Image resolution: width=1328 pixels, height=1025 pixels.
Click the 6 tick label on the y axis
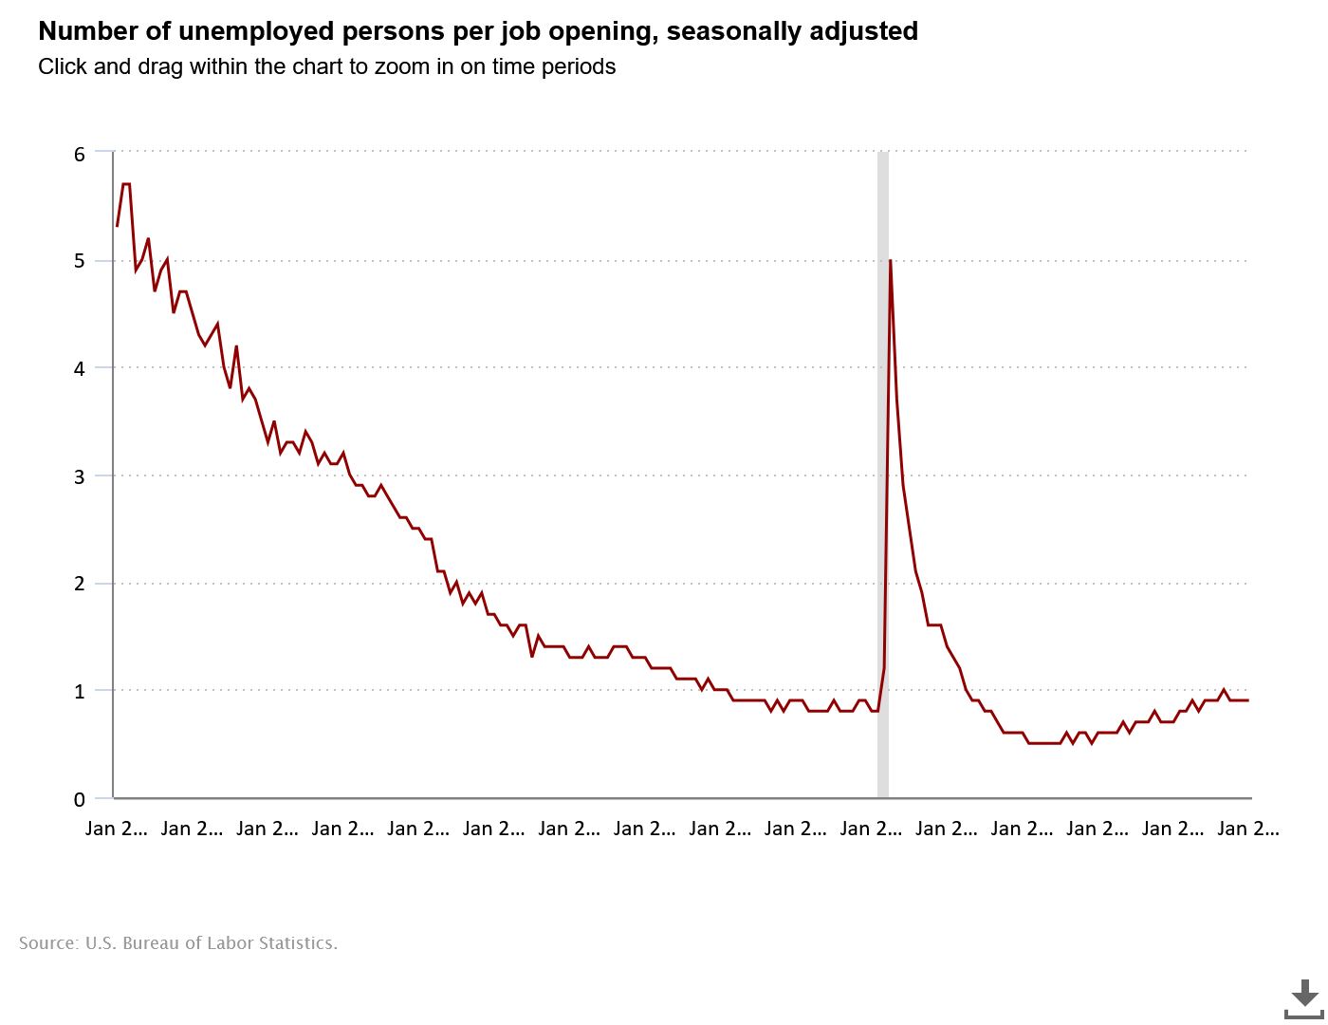(80, 154)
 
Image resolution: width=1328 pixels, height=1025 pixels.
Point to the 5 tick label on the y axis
(80, 261)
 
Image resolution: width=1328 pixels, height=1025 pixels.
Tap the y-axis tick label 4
(80, 368)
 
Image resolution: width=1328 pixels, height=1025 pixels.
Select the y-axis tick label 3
(80, 476)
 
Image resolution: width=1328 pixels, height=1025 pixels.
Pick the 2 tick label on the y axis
(80, 584)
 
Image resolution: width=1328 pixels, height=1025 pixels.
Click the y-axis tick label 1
(80, 691)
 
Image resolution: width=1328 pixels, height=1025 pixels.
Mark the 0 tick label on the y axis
(80, 799)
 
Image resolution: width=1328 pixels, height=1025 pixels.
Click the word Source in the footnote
(46, 943)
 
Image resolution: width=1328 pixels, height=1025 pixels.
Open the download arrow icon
(1304, 997)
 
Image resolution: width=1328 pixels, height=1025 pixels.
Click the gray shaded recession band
(883, 475)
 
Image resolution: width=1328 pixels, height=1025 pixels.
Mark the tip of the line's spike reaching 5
(890, 261)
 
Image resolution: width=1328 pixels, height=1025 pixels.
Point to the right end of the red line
(1247, 700)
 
